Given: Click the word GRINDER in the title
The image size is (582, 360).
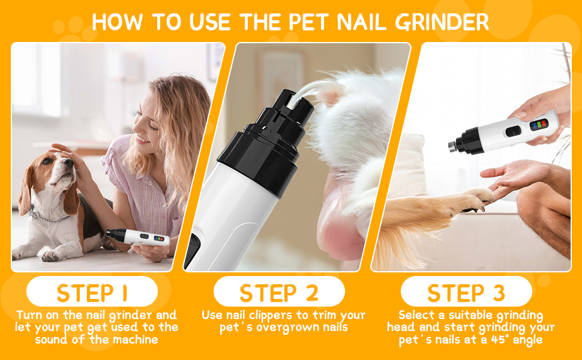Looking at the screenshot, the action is point(442,22).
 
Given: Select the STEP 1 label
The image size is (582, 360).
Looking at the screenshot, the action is point(92,293).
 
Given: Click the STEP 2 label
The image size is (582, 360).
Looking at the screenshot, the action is point(279,293).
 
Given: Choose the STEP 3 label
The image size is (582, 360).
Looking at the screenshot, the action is point(466,293).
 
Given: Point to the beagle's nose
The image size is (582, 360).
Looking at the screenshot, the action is point(68,162).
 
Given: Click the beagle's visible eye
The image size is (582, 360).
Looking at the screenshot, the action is point(47,161).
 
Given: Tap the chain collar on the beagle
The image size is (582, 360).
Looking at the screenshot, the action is point(47,217).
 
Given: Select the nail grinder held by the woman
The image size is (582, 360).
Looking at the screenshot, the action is point(138,237).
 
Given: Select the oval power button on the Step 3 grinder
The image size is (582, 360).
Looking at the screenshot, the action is point(514,131).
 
